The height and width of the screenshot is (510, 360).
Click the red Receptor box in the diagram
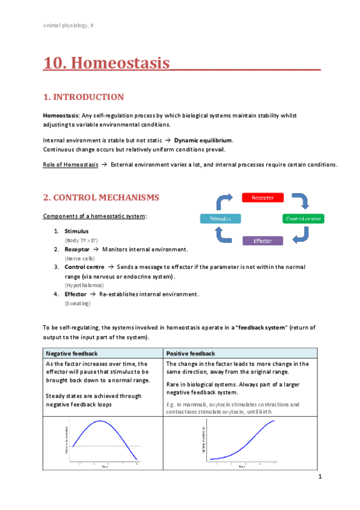point(262,197)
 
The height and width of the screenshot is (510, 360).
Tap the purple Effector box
point(263,241)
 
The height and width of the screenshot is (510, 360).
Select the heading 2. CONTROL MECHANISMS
point(100,197)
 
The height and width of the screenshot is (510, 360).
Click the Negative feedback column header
point(72,354)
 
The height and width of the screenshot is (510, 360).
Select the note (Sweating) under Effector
point(78,304)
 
